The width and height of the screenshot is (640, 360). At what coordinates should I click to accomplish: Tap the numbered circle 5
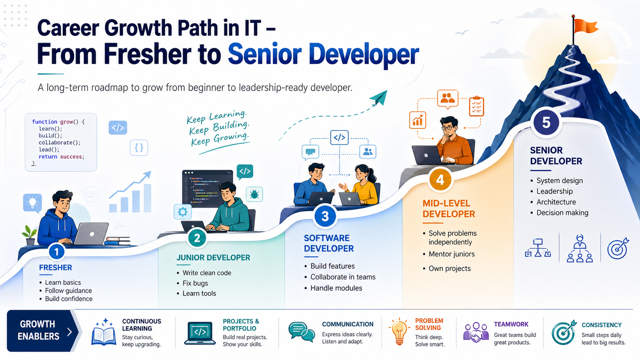[x=546, y=122]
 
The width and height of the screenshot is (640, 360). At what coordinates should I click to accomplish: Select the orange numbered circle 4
[x=440, y=180]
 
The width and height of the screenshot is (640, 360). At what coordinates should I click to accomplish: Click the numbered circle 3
[x=325, y=216]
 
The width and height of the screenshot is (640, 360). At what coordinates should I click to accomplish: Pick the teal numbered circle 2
[x=197, y=238]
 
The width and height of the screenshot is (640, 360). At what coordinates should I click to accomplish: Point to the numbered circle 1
[x=56, y=252]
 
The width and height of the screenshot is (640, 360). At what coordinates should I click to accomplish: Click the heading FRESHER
[x=56, y=268]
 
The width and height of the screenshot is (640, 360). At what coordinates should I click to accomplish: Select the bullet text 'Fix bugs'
[x=195, y=283]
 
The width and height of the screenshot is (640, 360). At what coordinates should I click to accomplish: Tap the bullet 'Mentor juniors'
[x=452, y=254]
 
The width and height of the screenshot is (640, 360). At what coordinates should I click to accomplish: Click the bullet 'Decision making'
[x=562, y=213]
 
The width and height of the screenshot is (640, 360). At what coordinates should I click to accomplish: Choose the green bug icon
[x=254, y=195]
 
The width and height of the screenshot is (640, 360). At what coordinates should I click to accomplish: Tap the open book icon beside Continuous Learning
[x=104, y=333]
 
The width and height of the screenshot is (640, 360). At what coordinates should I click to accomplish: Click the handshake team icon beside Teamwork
[x=476, y=332]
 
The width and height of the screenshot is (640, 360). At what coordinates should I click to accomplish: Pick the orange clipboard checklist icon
[x=476, y=106]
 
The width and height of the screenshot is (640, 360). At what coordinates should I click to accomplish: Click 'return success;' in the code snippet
[x=61, y=157]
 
